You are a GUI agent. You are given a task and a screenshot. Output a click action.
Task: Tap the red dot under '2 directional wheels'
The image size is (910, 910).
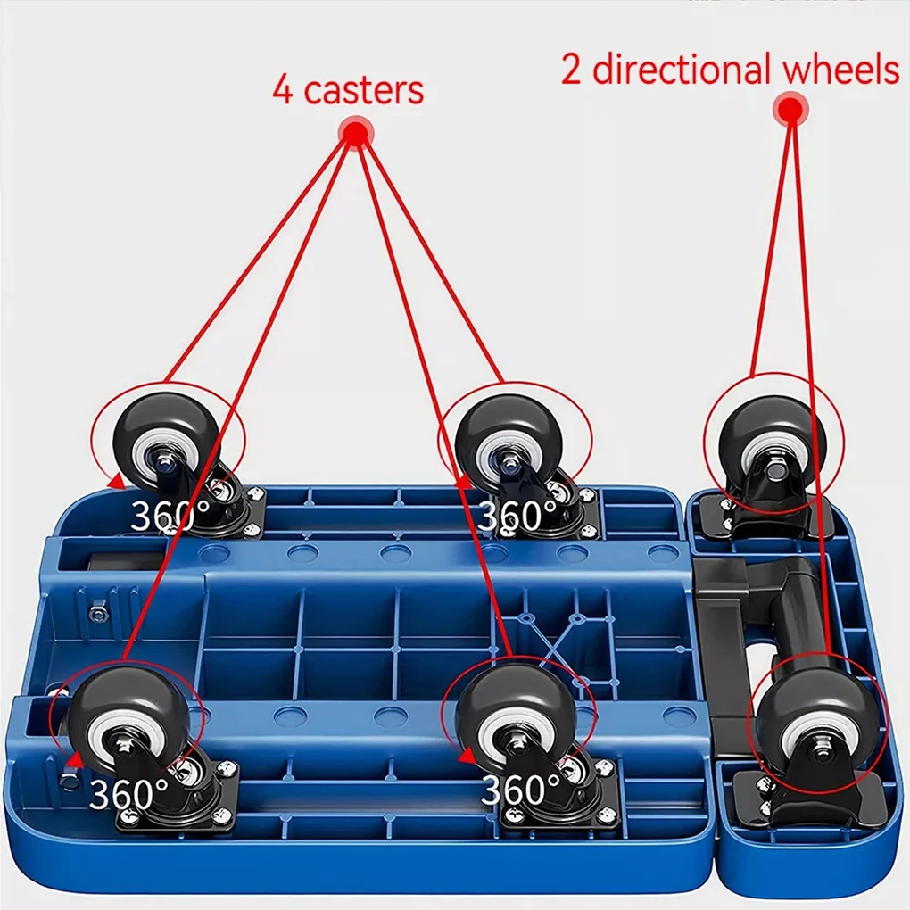tap(790, 110)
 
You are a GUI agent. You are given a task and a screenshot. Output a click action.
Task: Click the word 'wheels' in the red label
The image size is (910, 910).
tap(840, 70)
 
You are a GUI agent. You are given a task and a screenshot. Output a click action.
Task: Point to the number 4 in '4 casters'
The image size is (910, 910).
tap(283, 91)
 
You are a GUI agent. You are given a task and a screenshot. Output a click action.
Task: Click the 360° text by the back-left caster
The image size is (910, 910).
tap(170, 517)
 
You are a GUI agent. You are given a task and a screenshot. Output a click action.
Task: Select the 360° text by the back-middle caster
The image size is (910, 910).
tap(517, 517)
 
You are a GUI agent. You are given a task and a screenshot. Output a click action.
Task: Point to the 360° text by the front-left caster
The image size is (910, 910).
tap(128, 792)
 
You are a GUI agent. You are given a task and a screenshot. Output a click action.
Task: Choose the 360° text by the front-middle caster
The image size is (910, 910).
tap(522, 790)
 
